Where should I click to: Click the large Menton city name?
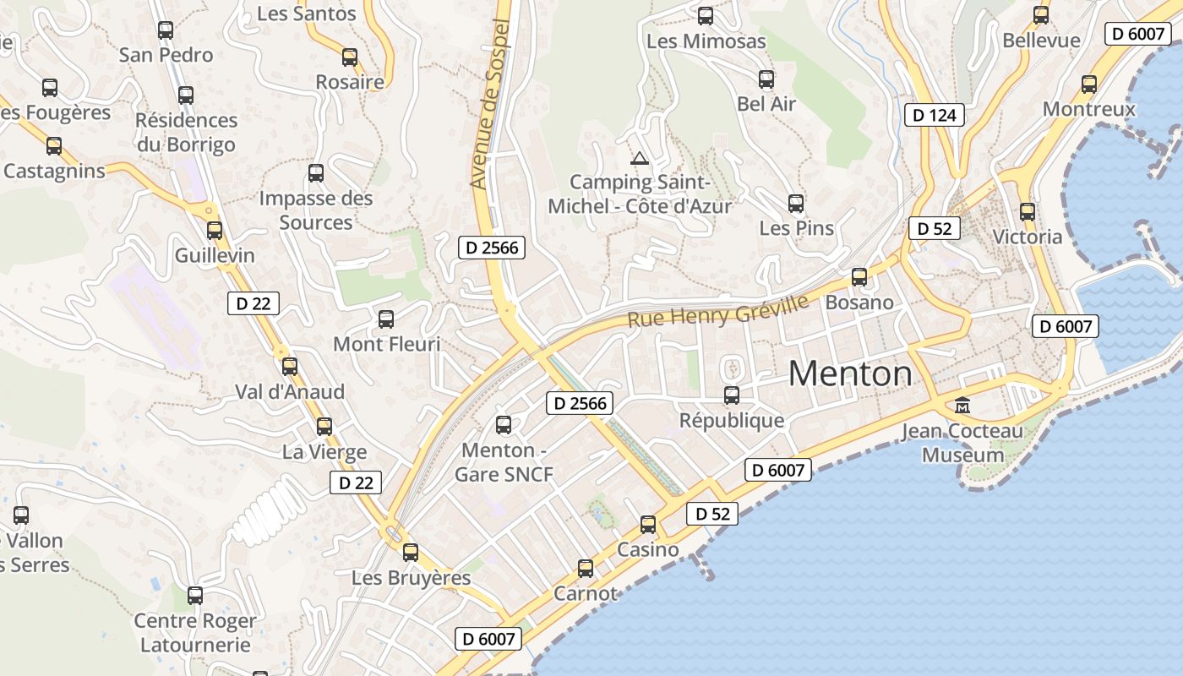tap(850, 373)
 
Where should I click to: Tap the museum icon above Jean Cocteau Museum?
tap(962, 406)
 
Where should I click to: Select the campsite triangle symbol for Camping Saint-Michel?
tap(640, 158)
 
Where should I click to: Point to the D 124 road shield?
tap(935, 115)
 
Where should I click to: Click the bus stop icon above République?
tap(732, 395)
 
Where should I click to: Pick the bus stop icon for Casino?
tap(648, 525)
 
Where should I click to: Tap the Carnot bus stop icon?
tap(586, 569)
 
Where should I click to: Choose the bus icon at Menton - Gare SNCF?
tap(504, 424)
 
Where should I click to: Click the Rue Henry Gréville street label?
tap(717, 308)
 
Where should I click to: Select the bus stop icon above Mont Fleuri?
tap(386, 319)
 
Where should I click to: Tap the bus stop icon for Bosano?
tap(859, 276)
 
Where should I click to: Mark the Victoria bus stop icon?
tap(1028, 212)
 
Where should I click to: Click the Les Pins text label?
tap(796, 228)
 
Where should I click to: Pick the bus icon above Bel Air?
tap(766, 79)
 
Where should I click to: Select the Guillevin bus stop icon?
tap(215, 230)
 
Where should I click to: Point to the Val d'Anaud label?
tap(290, 392)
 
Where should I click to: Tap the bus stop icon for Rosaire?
tap(350, 57)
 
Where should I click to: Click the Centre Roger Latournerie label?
tap(195, 633)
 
